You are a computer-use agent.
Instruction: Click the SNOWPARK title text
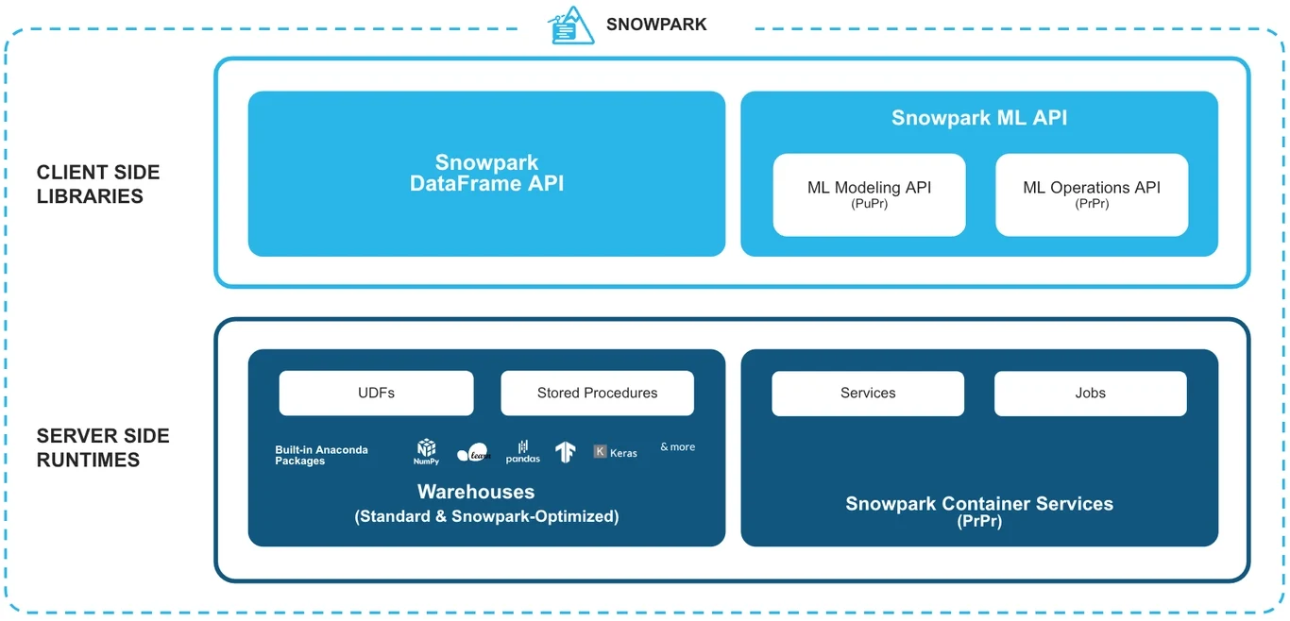point(655,25)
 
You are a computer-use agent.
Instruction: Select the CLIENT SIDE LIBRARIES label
point(98,184)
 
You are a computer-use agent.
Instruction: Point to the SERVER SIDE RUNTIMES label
point(103,447)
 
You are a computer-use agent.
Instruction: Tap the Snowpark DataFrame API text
point(486,174)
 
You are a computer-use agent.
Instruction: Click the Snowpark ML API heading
point(979,118)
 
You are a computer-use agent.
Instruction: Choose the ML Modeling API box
point(869,194)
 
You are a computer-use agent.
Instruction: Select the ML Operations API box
point(1092,194)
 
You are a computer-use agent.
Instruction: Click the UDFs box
point(376,393)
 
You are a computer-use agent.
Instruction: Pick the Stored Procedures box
point(597,393)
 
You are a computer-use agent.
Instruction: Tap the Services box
point(868,393)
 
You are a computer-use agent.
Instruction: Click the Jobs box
point(1090,393)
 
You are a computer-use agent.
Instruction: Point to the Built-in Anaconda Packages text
point(321,455)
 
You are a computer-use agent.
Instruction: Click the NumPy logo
point(426,451)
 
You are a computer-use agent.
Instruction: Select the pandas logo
point(522,452)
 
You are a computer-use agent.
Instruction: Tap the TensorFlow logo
point(566,452)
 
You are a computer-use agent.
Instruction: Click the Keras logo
point(615,452)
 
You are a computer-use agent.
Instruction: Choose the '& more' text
point(677,447)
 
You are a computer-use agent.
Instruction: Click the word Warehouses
point(476,492)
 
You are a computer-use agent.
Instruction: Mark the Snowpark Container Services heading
point(979,504)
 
